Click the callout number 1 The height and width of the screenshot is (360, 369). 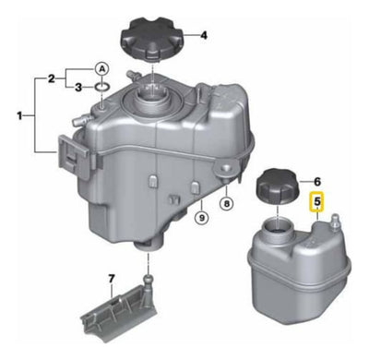[19, 116]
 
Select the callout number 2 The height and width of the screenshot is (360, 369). [52, 78]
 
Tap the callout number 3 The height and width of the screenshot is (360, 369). [78, 88]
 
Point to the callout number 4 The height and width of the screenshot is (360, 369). [204, 35]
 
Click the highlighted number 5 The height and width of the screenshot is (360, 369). [317, 202]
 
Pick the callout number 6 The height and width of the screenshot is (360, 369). [317, 182]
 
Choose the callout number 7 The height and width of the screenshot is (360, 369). [112, 279]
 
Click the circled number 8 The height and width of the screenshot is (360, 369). [227, 204]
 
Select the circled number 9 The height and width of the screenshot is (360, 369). [202, 218]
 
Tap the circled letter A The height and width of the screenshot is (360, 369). [101, 70]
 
